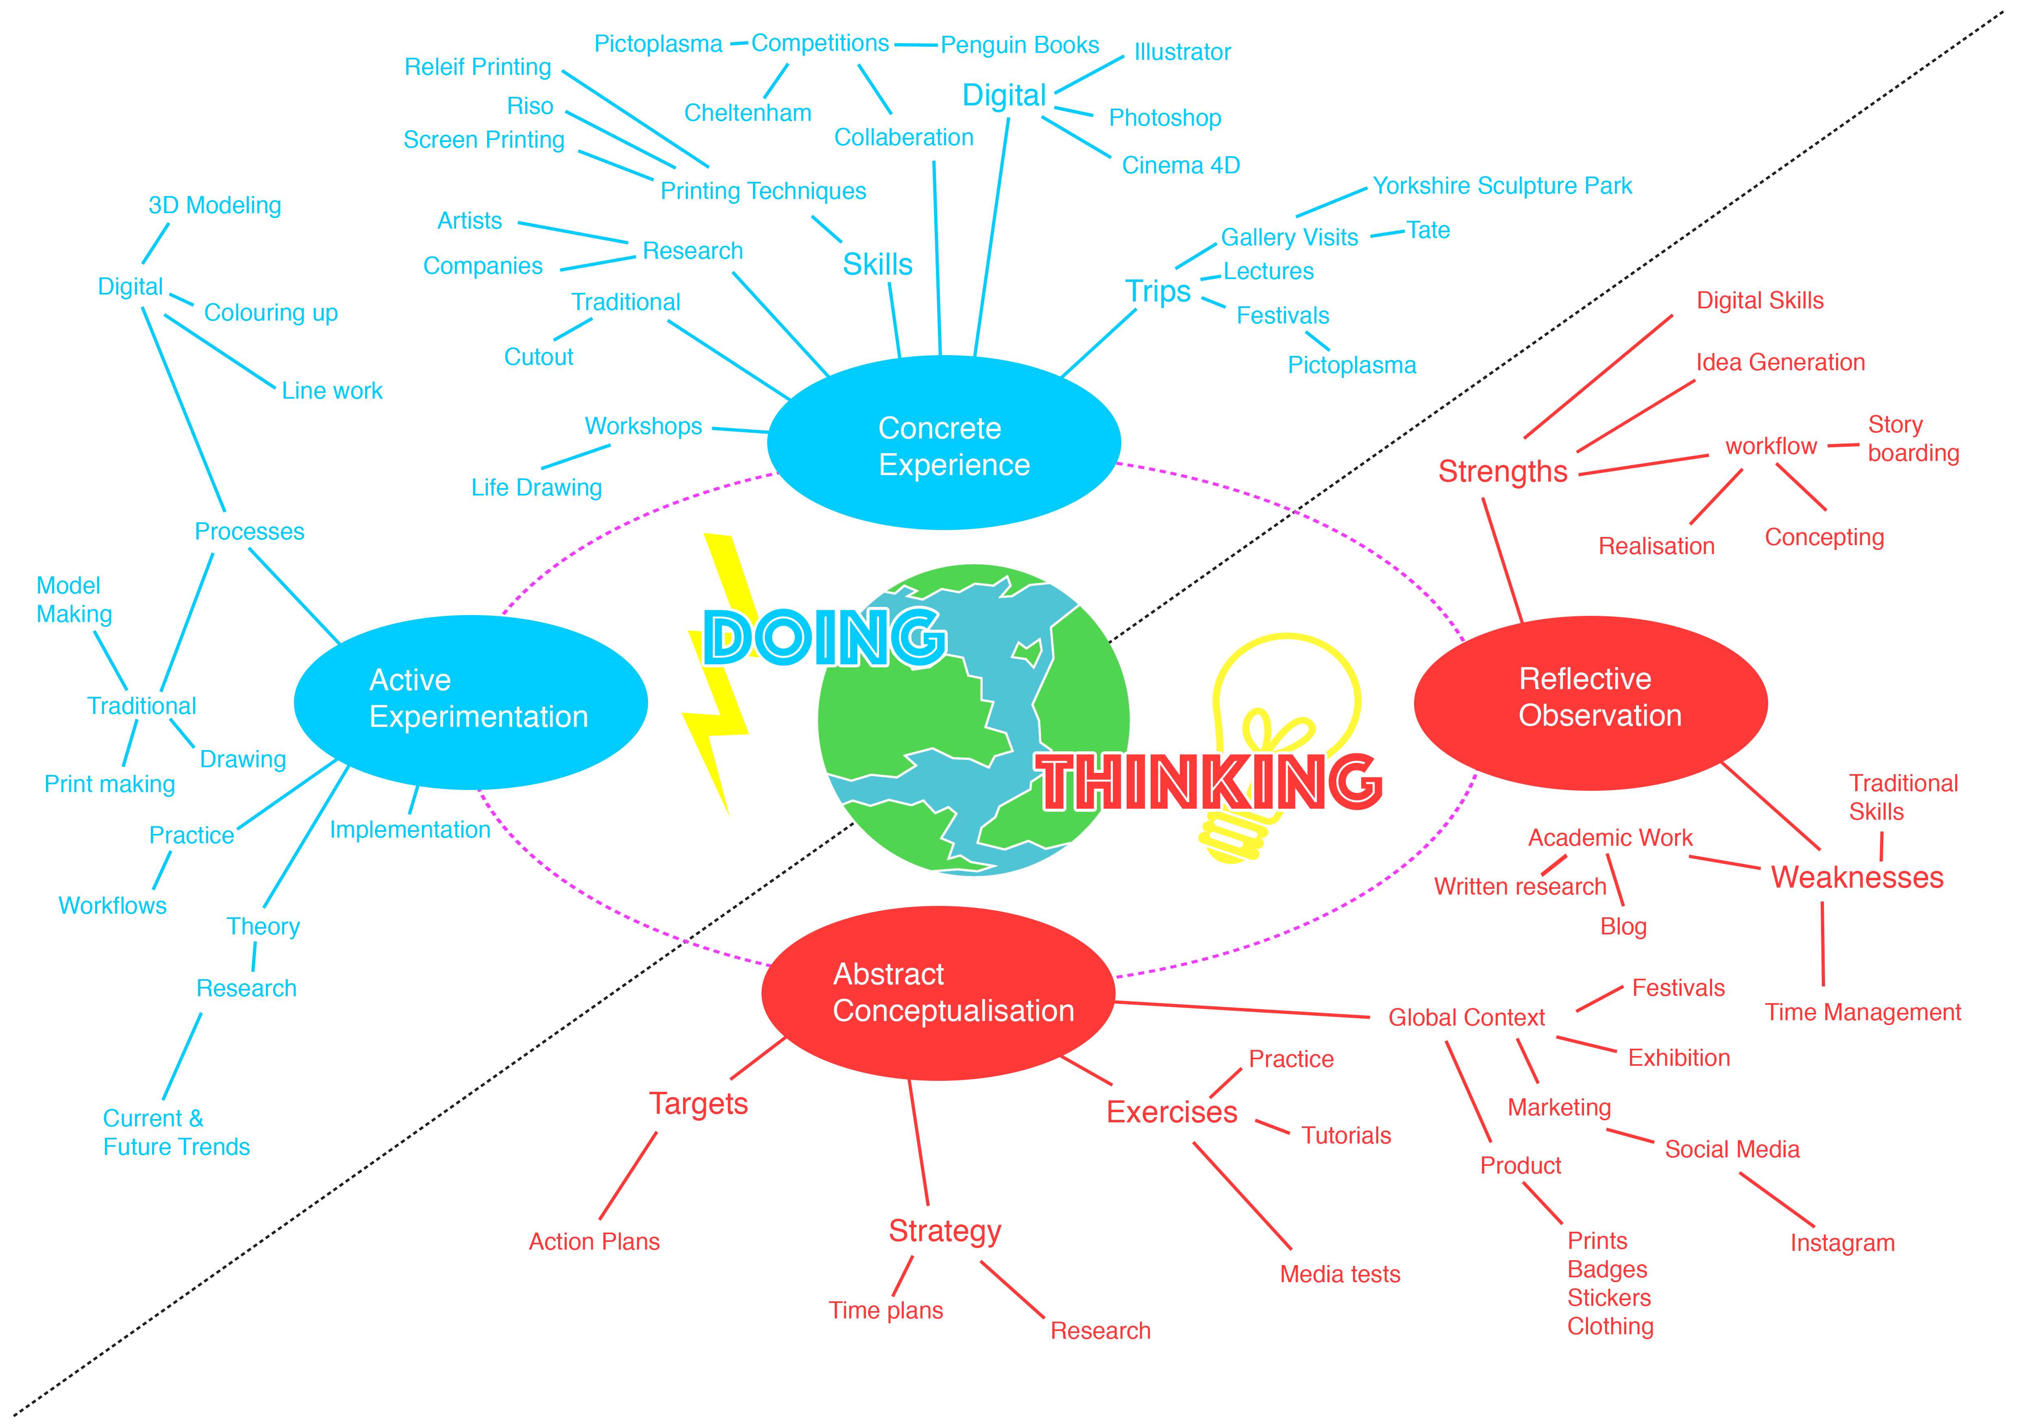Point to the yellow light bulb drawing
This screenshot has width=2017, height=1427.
(x=1287, y=694)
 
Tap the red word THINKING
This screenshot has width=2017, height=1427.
(x=1208, y=782)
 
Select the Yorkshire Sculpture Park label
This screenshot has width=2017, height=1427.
(x=1502, y=186)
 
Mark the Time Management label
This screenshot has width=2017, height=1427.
(x=1863, y=1012)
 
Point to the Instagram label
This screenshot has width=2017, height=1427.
(x=1842, y=1244)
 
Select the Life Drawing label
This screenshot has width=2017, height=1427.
(x=536, y=488)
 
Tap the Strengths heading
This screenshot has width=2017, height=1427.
(x=1502, y=472)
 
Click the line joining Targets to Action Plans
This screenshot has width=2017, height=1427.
(x=628, y=1176)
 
